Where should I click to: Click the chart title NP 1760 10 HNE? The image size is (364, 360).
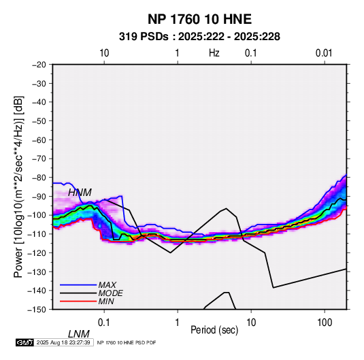(199, 19)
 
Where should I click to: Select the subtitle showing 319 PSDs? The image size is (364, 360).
(199, 37)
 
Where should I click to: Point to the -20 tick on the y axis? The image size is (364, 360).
(39, 65)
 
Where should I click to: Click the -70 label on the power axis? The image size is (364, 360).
(39, 159)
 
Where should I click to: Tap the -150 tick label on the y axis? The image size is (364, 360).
(37, 310)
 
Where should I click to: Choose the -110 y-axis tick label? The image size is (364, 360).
(37, 234)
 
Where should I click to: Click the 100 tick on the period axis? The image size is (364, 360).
(325, 323)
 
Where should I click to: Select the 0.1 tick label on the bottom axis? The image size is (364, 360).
(104, 323)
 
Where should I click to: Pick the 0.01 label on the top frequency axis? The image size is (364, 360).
(324, 53)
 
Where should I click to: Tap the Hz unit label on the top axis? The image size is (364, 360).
(214, 53)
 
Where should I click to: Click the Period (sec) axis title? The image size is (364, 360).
(214, 330)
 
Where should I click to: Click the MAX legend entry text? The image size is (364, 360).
(107, 285)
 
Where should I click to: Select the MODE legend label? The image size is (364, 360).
(110, 293)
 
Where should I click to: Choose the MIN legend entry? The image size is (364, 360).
(106, 301)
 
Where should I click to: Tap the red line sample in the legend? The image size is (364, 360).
(78, 301)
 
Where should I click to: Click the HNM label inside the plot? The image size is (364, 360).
(80, 193)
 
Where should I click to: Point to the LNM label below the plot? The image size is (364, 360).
(79, 334)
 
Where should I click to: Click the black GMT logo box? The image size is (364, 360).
(25, 342)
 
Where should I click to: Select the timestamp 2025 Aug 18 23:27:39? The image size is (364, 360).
(63, 342)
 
